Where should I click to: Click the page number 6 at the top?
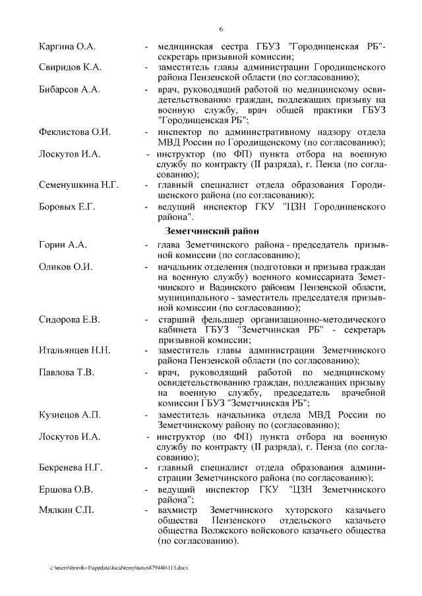point(221,29)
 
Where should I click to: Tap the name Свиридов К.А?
point(69,68)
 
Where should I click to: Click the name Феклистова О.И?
point(75,132)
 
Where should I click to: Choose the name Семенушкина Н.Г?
point(79,184)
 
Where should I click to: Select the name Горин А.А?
point(63,244)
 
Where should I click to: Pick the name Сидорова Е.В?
point(70,319)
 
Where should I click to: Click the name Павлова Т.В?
point(67,372)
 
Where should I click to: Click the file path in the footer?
point(119,568)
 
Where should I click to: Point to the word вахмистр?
point(179,510)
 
